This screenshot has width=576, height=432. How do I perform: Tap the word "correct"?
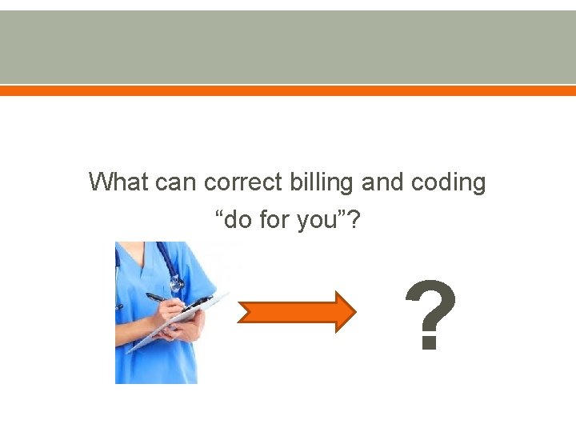tap(242, 182)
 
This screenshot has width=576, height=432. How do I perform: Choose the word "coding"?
tap(449, 183)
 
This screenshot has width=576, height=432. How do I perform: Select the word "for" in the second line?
tap(279, 218)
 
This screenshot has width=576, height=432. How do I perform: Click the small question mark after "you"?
tap(354, 218)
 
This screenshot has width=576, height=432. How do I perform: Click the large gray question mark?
tap(431, 317)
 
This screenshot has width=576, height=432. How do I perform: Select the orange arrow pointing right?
tap(296, 311)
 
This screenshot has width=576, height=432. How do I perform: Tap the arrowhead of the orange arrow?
tap(344, 311)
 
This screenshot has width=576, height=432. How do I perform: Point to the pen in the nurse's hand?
tap(160, 298)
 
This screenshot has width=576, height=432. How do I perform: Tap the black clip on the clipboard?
tap(196, 302)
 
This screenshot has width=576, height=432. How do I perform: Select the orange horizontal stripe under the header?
tap(288, 91)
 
